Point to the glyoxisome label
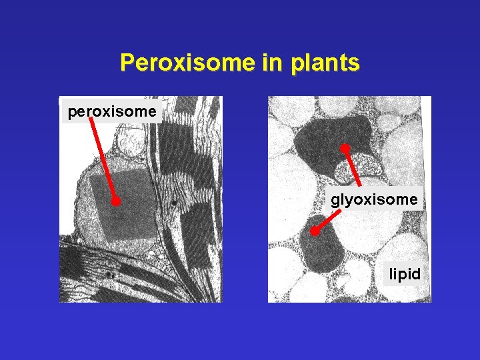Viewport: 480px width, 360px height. click(x=374, y=199)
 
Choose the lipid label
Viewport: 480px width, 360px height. click(x=405, y=274)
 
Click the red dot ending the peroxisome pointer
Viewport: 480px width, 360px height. click(x=115, y=201)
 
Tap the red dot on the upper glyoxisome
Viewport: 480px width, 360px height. click(x=345, y=147)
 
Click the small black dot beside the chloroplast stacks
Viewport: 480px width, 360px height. click(x=174, y=201)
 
